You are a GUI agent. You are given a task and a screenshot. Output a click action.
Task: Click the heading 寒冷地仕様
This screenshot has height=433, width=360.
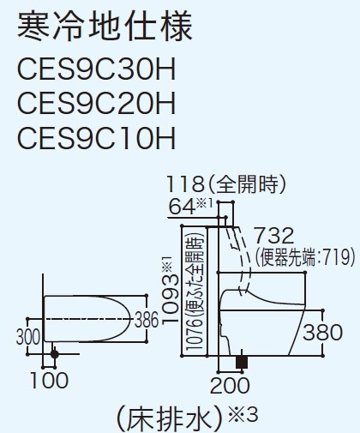click(x=105, y=27)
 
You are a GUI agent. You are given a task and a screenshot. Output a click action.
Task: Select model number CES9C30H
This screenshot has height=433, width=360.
click(x=96, y=69)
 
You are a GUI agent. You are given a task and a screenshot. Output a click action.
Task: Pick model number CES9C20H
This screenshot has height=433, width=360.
click(x=96, y=103)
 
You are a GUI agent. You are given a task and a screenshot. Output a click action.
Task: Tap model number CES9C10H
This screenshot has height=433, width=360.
click(x=96, y=137)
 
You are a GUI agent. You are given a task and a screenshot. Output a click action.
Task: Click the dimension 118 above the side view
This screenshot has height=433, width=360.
click(x=185, y=184)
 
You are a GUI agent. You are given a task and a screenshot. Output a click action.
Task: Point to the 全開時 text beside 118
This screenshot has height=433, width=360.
click(x=247, y=184)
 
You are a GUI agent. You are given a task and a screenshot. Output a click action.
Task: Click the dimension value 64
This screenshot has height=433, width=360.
click(x=182, y=207)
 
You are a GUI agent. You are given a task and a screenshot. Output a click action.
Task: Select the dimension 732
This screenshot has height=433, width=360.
click(x=273, y=235)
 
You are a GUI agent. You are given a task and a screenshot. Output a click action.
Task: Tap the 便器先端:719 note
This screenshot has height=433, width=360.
click(x=305, y=256)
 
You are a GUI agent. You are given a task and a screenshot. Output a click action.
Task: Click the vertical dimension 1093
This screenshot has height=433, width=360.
click(x=171, y=299)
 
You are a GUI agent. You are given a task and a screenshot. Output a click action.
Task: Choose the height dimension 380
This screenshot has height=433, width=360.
click(x=322, y=333)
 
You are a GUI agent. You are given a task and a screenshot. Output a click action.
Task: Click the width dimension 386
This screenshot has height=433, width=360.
click(x=147, y=320)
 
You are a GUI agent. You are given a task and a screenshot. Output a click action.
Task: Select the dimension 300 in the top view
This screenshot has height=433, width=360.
click(x=28, y=337)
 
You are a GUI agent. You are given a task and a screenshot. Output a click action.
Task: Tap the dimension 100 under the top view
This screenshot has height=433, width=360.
click(x=49, y=381)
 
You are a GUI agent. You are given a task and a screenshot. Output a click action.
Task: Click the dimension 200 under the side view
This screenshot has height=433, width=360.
click(x=230, y=385)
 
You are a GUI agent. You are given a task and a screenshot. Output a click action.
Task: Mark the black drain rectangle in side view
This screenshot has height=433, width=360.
click(x=242, y=362)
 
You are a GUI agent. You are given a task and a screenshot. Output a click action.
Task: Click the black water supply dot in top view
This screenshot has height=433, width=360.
click(x=54, y=354)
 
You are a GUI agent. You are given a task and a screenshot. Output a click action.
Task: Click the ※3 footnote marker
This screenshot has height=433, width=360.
click(x=243, y=415)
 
